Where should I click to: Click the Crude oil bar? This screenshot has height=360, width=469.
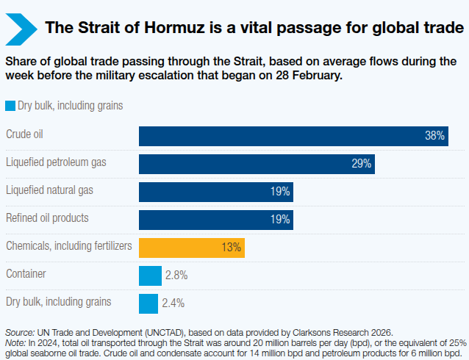pyautogui.click(x=294, y=136)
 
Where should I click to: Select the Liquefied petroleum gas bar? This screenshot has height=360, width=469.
pyautogui.click(x=257, y=164)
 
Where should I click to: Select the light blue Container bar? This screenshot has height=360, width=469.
pyautogui.click(x=150, y=276)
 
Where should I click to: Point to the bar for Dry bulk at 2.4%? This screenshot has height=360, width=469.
pyautogui.click(x=148, y=303)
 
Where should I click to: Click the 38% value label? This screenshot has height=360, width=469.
pyautogui.click(x=434, y=136)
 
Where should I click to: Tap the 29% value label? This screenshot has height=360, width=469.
pyautogui.click(x=361, y=164)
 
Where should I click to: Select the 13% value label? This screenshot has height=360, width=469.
pyautogui.click(x=231, y=248)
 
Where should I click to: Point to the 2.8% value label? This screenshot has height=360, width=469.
pyautogui.click(x=176, y=276)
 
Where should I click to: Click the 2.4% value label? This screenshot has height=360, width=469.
pyautogui.click(x=173, y=303)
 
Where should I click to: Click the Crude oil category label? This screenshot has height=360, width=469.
pyautogui.click(x=24, y=134)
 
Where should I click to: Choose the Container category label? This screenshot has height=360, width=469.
pyautogui.click(x=26, y=273)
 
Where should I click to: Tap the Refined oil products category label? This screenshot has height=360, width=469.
pyautogui.click(x=47, y=217)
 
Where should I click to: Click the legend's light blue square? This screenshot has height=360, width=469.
pyautogui.click(x=10, y=105)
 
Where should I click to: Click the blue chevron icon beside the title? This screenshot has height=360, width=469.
pyautogui.click(x=22, y=28)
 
